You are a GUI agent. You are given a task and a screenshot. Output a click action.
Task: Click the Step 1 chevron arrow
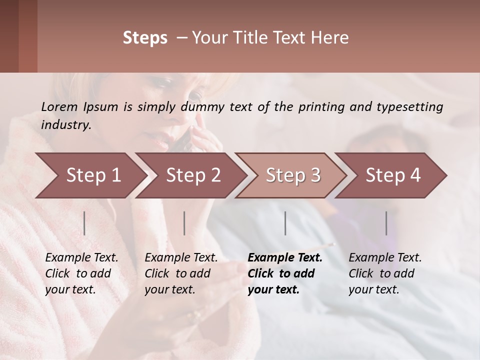pyautogui.click(x=90, y=175)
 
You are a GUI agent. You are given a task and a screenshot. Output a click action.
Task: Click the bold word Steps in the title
pyautogui.click(x=145, y=38)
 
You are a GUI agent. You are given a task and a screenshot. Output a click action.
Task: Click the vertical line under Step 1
pyautogui.click(x=84, y=223)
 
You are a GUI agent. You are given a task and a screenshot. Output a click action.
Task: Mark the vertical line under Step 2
pyautogui.click(x=184, y=223)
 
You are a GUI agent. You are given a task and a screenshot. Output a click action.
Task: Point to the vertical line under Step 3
pyautogui.click(x=285, y=223)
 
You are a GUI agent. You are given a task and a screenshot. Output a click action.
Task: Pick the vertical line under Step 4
pyautogui.click(x=386, y=223)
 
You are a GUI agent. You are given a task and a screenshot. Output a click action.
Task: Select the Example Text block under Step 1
pyautogui.click(x=81, y=273)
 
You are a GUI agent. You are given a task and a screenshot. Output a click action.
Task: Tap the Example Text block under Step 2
pyautogui.click(x=181, y=273)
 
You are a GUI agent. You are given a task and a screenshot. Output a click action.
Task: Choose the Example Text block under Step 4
pyautogui.click(x=385, y=273)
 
